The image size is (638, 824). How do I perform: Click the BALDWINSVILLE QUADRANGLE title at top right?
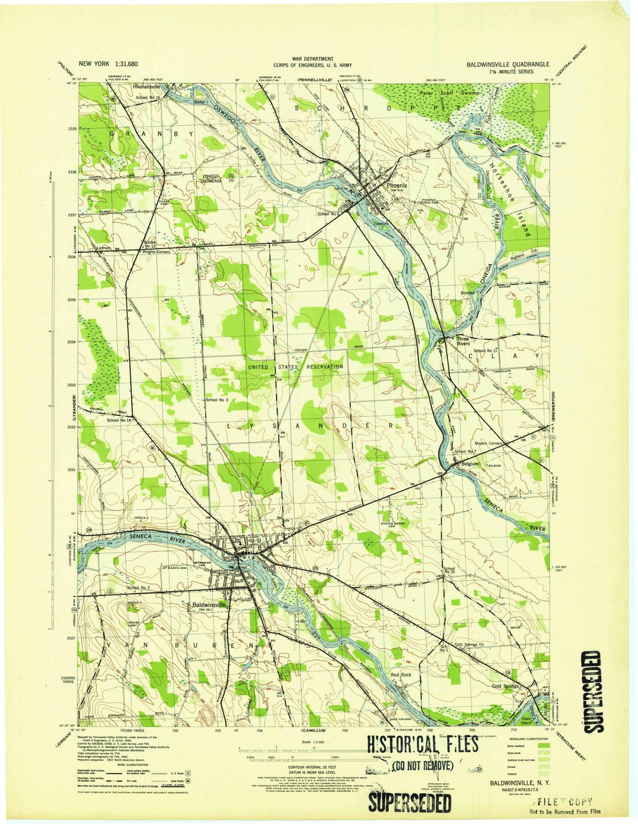coord(507,64)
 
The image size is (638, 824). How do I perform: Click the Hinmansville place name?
coord(146,87)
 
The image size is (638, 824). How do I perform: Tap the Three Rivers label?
coord(463,341)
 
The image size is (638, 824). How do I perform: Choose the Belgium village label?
coord(470,464)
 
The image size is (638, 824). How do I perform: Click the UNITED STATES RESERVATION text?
coord(295,367)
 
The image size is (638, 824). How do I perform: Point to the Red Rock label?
coord(401,675)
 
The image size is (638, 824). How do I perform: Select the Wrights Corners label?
coord(156,252)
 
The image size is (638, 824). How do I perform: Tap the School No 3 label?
coord(217,400)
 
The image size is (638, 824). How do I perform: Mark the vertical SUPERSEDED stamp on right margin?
coord(593,691)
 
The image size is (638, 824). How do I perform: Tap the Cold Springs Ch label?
coord(470,644)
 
